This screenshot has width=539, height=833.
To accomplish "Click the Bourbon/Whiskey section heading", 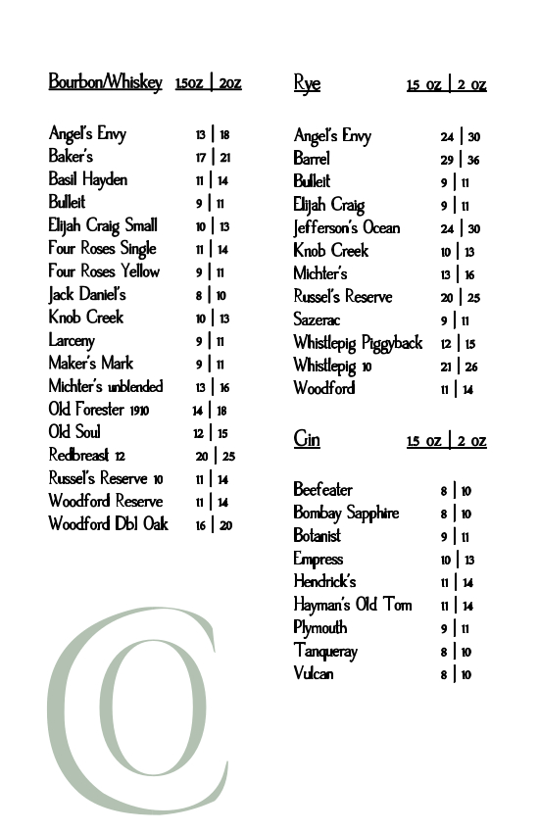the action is pyautogui.click(x=105, y=82).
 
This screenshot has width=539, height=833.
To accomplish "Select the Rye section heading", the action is pyautogui.click(x=307, y=83).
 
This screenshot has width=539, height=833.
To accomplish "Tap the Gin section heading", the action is pyautogui.click(x=307, y=438).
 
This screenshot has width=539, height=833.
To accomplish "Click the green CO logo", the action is pyautogui.click(x=132, y=710).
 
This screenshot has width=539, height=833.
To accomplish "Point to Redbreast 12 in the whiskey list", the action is pyautogui.click(x=87, y=456).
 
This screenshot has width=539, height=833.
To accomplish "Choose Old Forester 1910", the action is pyautogui.click(x=99, y=410).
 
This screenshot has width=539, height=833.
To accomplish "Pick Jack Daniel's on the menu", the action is pyautogui.click(x=87, y=294).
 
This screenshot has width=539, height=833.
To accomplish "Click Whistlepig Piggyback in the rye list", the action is pyautogui.click(x=358, y=342).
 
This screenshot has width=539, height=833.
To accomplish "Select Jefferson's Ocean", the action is pyautogui.click(x=347, y=227).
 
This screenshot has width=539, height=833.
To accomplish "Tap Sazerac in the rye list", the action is pyautogui.click(x=317, y=319).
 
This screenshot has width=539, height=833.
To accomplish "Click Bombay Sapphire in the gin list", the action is pyautogui.click(x=346, y=513).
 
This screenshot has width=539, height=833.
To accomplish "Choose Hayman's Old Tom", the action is pyautogui.click(x=353, y=605).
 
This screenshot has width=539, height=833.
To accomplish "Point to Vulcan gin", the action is pyautogui.click(x=314, y=673).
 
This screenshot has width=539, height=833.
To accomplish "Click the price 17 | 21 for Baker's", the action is pyautogui.click(x=213, y=157).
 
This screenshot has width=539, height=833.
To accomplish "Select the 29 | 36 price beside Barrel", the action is pyautogui.click(x=460, y=160).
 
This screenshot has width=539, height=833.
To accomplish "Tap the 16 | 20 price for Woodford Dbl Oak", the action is pyautogui.click(x=213, y=525).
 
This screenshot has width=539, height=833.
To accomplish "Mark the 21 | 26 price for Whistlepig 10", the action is pyautogui.click(x=459, y=367).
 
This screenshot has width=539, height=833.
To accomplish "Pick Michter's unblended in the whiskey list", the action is pyautogui.click(x=106, y=386).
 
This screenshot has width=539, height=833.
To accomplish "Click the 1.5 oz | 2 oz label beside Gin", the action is pyautogui.click(x=446, y=440).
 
